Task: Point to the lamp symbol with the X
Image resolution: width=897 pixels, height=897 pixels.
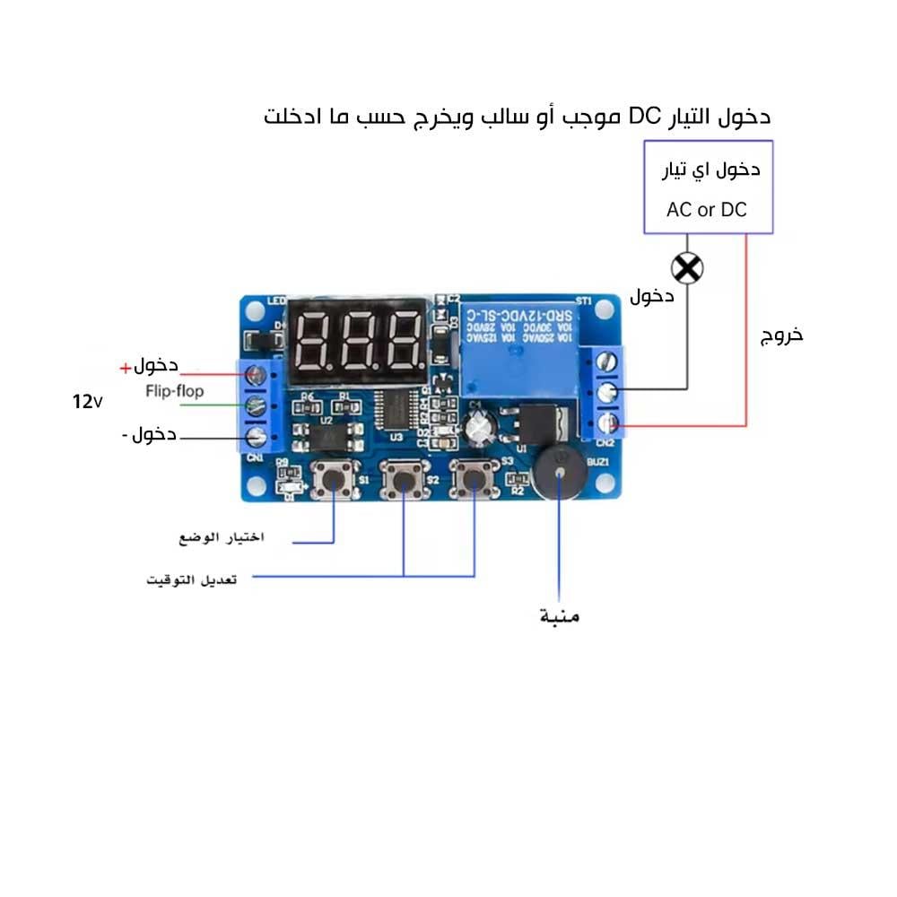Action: coord(687,267)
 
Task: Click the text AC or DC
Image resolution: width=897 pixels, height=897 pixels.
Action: coord(706,210)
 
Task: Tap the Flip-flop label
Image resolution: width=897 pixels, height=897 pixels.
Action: coord(174,391)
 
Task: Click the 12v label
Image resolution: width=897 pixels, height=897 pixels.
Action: coord(88,402)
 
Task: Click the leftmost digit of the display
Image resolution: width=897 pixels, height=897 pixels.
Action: coord(314,342)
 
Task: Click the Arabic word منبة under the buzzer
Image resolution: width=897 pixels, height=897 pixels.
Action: coord(558,616)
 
